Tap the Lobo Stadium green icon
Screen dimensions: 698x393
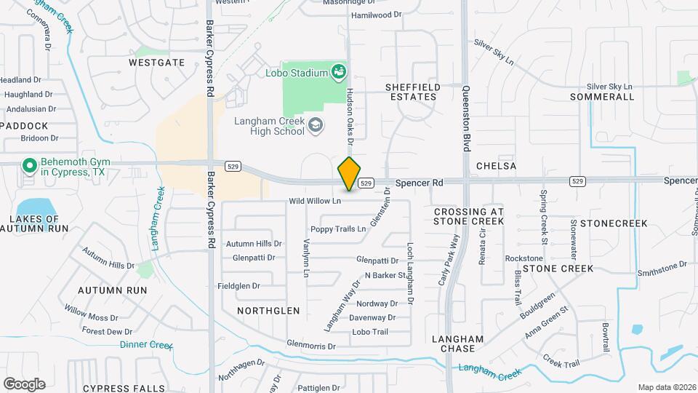337,71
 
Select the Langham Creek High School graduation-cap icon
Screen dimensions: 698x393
315,126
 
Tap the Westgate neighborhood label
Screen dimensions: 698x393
156,63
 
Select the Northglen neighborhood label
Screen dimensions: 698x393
268,310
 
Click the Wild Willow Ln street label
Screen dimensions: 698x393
315,200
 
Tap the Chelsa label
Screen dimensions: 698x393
496,166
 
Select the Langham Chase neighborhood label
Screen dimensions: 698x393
457,344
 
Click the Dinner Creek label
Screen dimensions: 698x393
146,344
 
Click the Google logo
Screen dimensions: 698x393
24,384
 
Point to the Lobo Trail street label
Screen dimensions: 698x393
370,331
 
